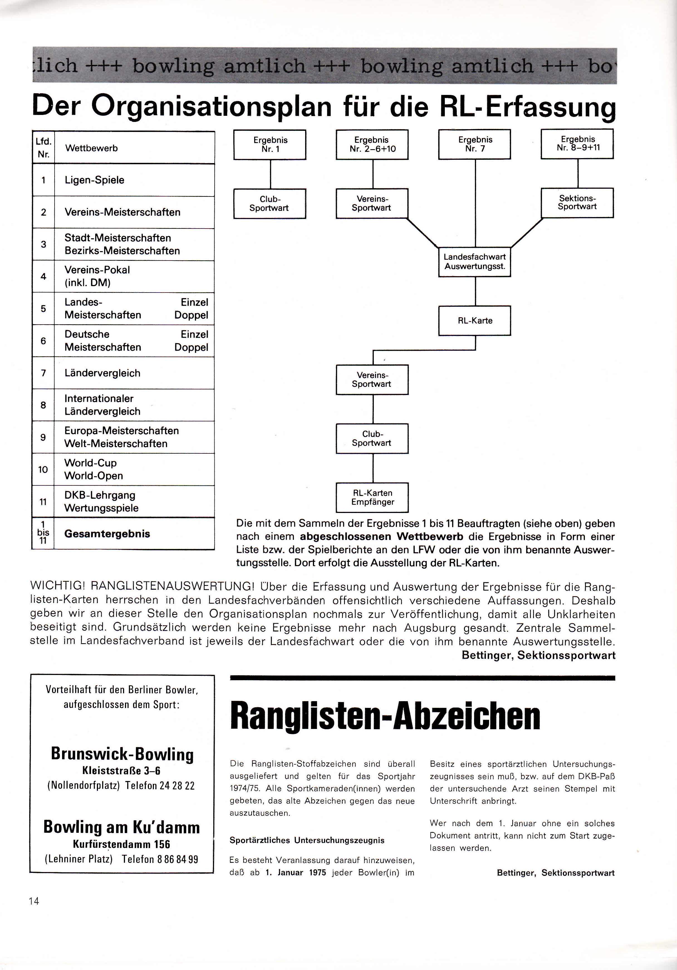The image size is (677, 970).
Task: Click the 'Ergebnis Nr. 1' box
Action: point(270,144)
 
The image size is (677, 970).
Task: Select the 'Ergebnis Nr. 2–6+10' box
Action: point(372,144)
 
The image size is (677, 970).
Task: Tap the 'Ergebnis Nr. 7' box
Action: point(475,144)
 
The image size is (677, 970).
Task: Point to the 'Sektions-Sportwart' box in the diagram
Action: point(577,203)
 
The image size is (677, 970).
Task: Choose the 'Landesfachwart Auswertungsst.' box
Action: point(475,262)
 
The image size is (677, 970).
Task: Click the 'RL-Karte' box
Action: point(475,321)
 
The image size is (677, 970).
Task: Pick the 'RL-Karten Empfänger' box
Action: point(372,497)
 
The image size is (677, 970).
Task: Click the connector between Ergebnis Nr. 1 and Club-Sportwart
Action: point(271,174)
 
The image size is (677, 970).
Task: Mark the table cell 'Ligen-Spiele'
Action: point(134,180)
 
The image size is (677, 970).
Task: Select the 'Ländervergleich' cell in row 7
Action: point(134,373)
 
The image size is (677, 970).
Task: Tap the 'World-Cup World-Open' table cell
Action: point(134,469)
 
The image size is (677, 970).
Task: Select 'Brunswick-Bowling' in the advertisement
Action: point(122,754)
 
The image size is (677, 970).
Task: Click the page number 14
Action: point(34,901)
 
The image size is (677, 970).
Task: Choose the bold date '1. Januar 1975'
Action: point(296,872)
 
